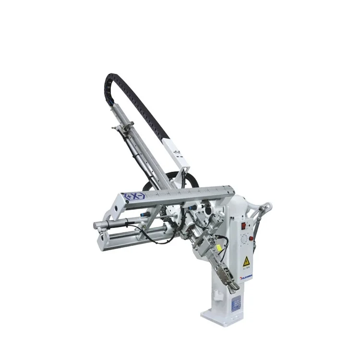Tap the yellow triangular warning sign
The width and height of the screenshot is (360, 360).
click(246, 261)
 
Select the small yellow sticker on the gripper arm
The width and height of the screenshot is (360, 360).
click(219, 248)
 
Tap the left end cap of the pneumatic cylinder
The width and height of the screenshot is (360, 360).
click(97, 224)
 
